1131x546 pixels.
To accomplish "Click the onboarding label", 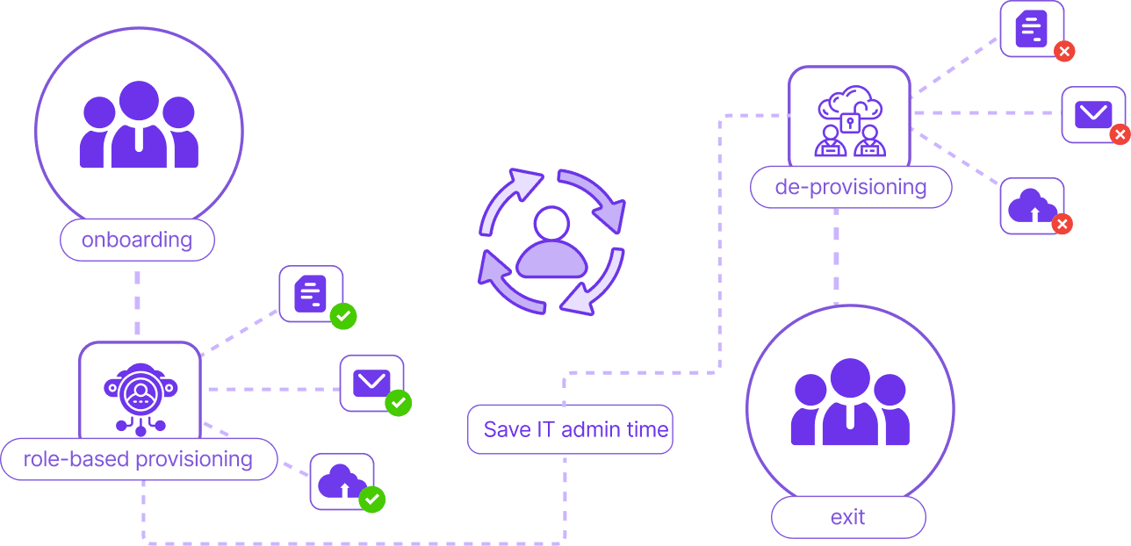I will (137, 241).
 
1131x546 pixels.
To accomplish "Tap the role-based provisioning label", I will (138, 459).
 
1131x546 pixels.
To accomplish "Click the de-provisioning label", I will (850, 187).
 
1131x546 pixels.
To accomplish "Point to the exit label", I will (847, 518).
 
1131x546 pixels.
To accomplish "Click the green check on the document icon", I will (343, 316).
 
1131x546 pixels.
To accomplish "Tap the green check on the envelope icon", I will (399, 403).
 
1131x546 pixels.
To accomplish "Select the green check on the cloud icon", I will (372, 499).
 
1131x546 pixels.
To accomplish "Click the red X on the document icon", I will (1063, 51).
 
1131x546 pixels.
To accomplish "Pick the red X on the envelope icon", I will (1120, 135).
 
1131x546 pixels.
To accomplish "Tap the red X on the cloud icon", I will (1062, 225).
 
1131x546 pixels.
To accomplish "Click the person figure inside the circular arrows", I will (551, 243).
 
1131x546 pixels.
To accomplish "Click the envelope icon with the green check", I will (371, 382).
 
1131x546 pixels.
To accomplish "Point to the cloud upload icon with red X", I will (1031, 205).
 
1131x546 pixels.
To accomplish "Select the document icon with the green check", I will (310, 293).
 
